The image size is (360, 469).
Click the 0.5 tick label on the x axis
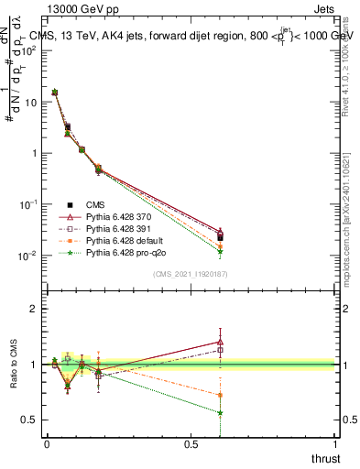(191, 444)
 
